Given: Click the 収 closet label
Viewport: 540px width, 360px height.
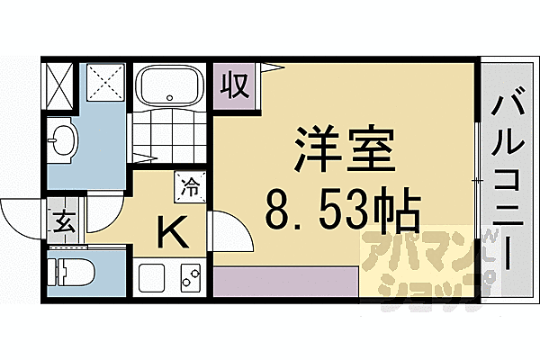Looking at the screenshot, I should [235, 87].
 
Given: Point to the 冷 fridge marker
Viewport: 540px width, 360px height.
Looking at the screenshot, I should [190, 188].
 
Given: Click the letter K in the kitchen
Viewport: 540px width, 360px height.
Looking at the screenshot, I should [172, 234].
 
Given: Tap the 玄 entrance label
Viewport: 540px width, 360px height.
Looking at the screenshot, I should [59, 220].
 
